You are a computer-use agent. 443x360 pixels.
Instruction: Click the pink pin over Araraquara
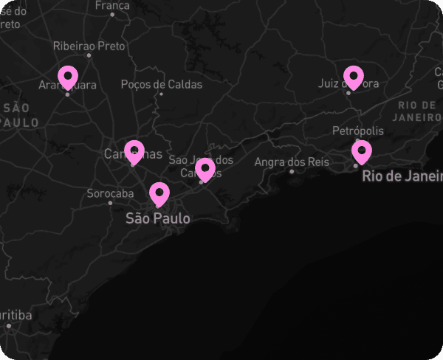click(68, 76)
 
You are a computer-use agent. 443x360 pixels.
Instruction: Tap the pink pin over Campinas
click(134, 150)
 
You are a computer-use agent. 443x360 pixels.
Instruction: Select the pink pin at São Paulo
click(159, 193)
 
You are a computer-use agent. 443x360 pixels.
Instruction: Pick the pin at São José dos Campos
click(205, 168)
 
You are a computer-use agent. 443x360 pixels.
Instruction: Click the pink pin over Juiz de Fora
click(354, 76)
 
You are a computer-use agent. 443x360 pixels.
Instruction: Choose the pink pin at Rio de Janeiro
click(361, 150)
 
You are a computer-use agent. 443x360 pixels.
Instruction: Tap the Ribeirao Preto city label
click(89, 46)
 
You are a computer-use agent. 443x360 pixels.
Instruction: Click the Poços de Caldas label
click(161, 84)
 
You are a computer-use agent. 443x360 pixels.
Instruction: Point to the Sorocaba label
click(110, 193)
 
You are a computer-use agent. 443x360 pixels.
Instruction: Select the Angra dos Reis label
click(292, 162)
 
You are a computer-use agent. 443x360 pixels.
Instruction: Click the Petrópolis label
click(358, 131)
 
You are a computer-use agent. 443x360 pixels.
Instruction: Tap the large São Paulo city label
click(157, 218)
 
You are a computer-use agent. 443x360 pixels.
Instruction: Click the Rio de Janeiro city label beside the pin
click(401, 176)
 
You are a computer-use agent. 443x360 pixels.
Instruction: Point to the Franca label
click(112, 4)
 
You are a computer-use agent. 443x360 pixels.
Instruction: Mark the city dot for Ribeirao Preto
click(89, 55)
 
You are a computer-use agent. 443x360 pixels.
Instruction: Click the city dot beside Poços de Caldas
click(162, 94)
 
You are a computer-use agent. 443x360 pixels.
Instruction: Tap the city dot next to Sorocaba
click(110, 203)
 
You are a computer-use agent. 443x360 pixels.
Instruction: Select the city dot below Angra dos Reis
click(292, 171)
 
